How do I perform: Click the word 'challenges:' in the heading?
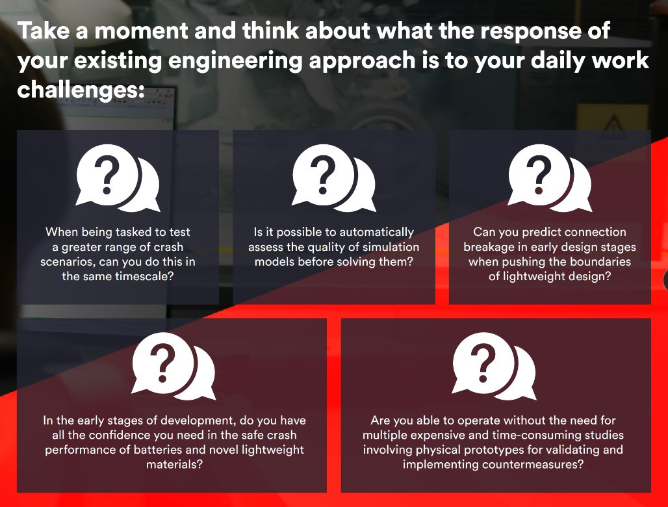(x=81, y=90)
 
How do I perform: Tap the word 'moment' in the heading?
(x=141, y=31)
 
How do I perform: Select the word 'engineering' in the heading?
(x=236, y=61)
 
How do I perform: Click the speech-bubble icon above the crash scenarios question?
(x=118, y=178)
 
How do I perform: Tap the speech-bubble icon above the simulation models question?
(x=333, y=178)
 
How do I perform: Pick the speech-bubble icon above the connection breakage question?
(x=550, y=178)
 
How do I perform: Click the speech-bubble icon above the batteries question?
(x=173, y=367)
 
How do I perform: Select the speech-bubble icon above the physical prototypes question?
(x=494, y=367)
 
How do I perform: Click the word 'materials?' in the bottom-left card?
(x=174, y=464)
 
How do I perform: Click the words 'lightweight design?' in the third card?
(x=550, y=276)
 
